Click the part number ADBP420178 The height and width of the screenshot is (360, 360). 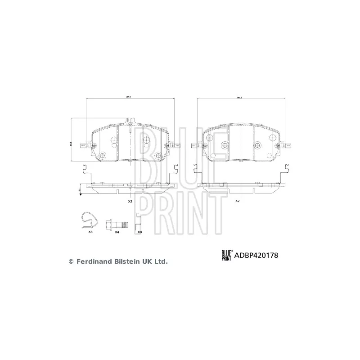click(x=255, y=255)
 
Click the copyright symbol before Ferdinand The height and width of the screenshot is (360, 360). click(x=71, y=261)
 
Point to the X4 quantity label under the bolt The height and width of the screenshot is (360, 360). click(x=117, y=232)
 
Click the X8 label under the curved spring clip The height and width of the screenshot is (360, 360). click(x=90, y=232)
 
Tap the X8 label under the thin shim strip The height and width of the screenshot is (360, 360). click(x=139, y=232)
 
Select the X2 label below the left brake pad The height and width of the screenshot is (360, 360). click(x=130, y=202)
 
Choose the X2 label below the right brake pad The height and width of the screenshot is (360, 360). click(x=237, y=202)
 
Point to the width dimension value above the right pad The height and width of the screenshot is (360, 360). click(x=239, y=98)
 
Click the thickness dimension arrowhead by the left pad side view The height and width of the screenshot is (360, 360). click(x=80, y=192)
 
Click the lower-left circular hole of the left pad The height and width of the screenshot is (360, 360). click(x=102, y=156)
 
